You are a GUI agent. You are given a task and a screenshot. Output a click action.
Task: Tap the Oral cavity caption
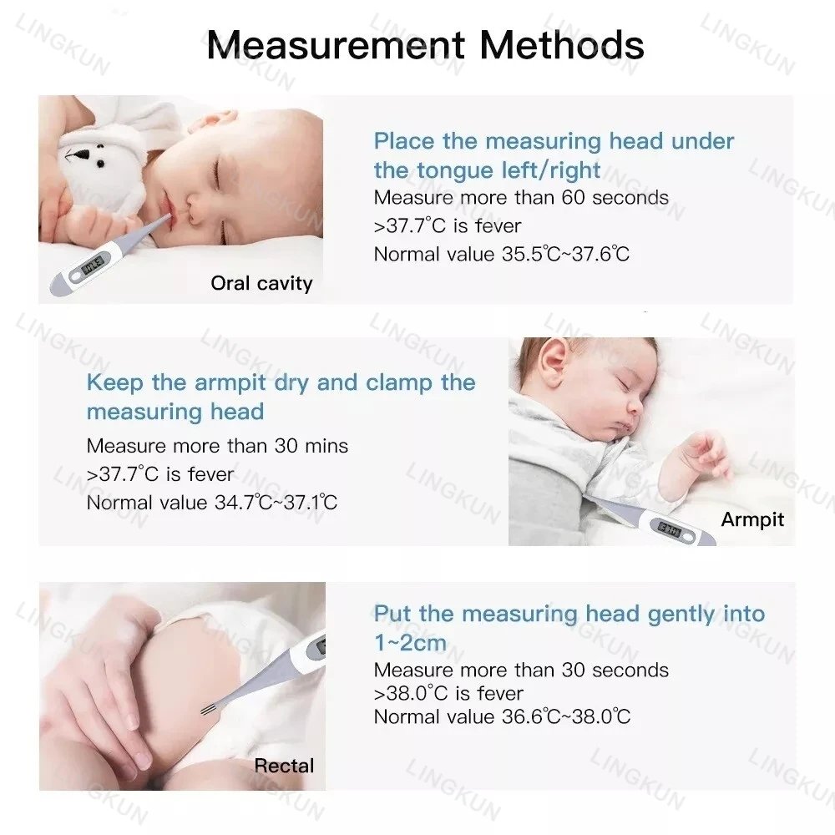[x=261, y=283]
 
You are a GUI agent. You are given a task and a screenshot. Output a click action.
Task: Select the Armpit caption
[x=752, y=519]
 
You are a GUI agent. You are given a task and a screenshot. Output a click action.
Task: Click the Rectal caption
[x=284, y=766]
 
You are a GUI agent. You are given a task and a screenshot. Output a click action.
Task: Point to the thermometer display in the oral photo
[x=92, y=267]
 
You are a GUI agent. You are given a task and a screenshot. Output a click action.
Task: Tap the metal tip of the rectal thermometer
[x=209, y=711]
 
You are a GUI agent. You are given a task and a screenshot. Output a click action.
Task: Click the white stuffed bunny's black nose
[x=83, y=155]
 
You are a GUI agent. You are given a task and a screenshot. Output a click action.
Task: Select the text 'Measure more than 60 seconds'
[x=521, y=198]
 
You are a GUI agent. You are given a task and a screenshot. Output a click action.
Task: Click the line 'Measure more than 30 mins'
[x=217, y=446]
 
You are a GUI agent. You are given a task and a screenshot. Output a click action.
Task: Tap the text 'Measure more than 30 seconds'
[x=521, y=670]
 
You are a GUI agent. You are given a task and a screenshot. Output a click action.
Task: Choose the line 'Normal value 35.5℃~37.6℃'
[x=501, y=254]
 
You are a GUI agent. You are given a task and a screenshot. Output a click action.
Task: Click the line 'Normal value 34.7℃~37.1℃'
[x=212, y=503]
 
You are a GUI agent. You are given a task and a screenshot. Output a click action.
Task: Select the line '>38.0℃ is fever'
[x=448, y=693]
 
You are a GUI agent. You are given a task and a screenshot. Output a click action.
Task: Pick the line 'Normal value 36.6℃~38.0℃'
[x=502, y=716]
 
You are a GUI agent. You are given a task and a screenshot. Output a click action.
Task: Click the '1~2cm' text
[x=410, y=642]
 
